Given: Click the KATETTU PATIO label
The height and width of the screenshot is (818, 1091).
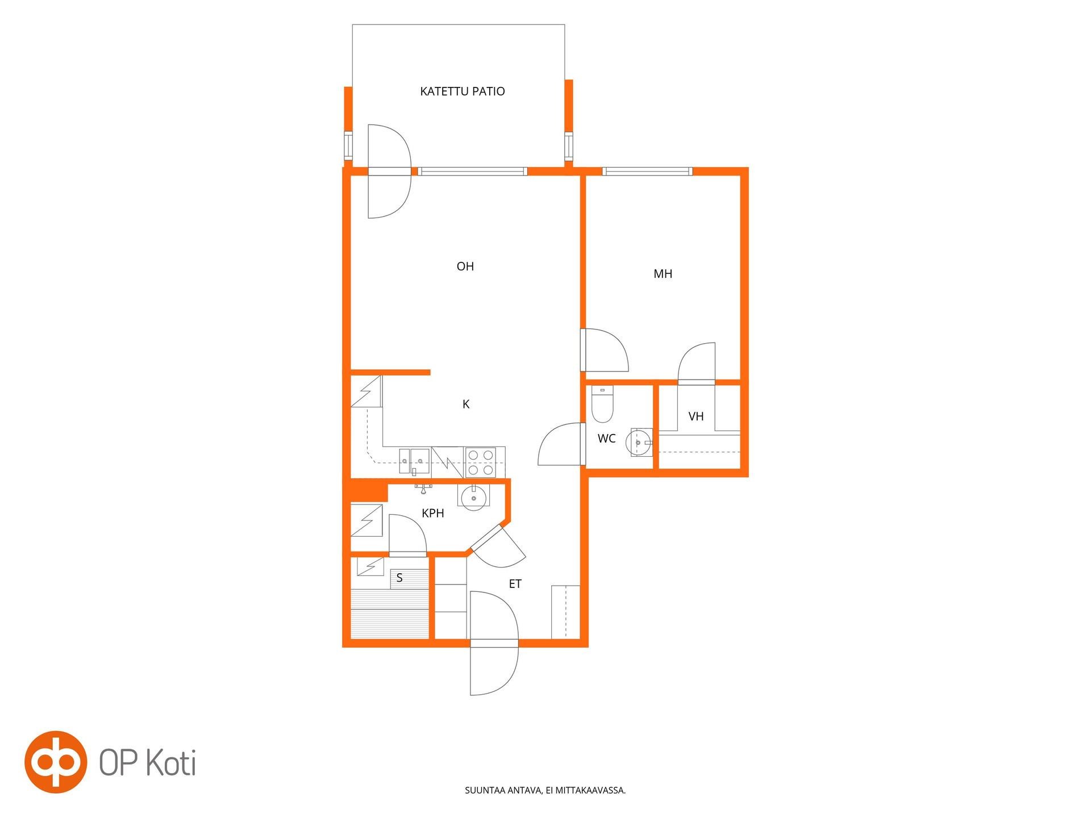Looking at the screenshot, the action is (462, 91).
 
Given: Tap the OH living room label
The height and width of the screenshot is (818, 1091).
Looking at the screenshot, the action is (465, 266).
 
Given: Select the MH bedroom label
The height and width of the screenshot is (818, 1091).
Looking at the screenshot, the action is (663, 274).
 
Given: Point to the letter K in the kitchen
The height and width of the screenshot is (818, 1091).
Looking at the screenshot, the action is (466, 404).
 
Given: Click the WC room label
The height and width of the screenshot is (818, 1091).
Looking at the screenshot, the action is (606, 439).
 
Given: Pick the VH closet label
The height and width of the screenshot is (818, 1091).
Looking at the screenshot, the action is (696, 416).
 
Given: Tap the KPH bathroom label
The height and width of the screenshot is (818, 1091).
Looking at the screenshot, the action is (432, 514).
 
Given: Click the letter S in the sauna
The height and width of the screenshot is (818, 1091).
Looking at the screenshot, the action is (399, 578).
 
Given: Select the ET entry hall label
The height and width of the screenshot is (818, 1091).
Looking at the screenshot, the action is (515, 584).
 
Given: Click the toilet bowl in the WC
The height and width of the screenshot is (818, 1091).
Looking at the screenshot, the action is (603, 404).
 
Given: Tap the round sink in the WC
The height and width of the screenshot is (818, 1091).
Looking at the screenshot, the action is (639, 442).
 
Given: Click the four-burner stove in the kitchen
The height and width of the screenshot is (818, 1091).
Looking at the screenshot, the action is (480, 462).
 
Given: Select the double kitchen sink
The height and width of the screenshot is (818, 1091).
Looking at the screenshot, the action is (414, 460).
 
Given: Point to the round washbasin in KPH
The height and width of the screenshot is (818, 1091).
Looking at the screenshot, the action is (473, 498).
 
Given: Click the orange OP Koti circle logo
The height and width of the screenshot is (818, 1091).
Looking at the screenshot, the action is (55, 762).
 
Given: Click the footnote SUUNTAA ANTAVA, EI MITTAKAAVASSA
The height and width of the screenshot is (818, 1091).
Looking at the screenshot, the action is (545, 790).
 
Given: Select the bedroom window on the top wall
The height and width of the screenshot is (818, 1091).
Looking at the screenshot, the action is (647, 171).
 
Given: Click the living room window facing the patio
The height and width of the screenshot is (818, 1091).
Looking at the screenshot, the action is (473, 171).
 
